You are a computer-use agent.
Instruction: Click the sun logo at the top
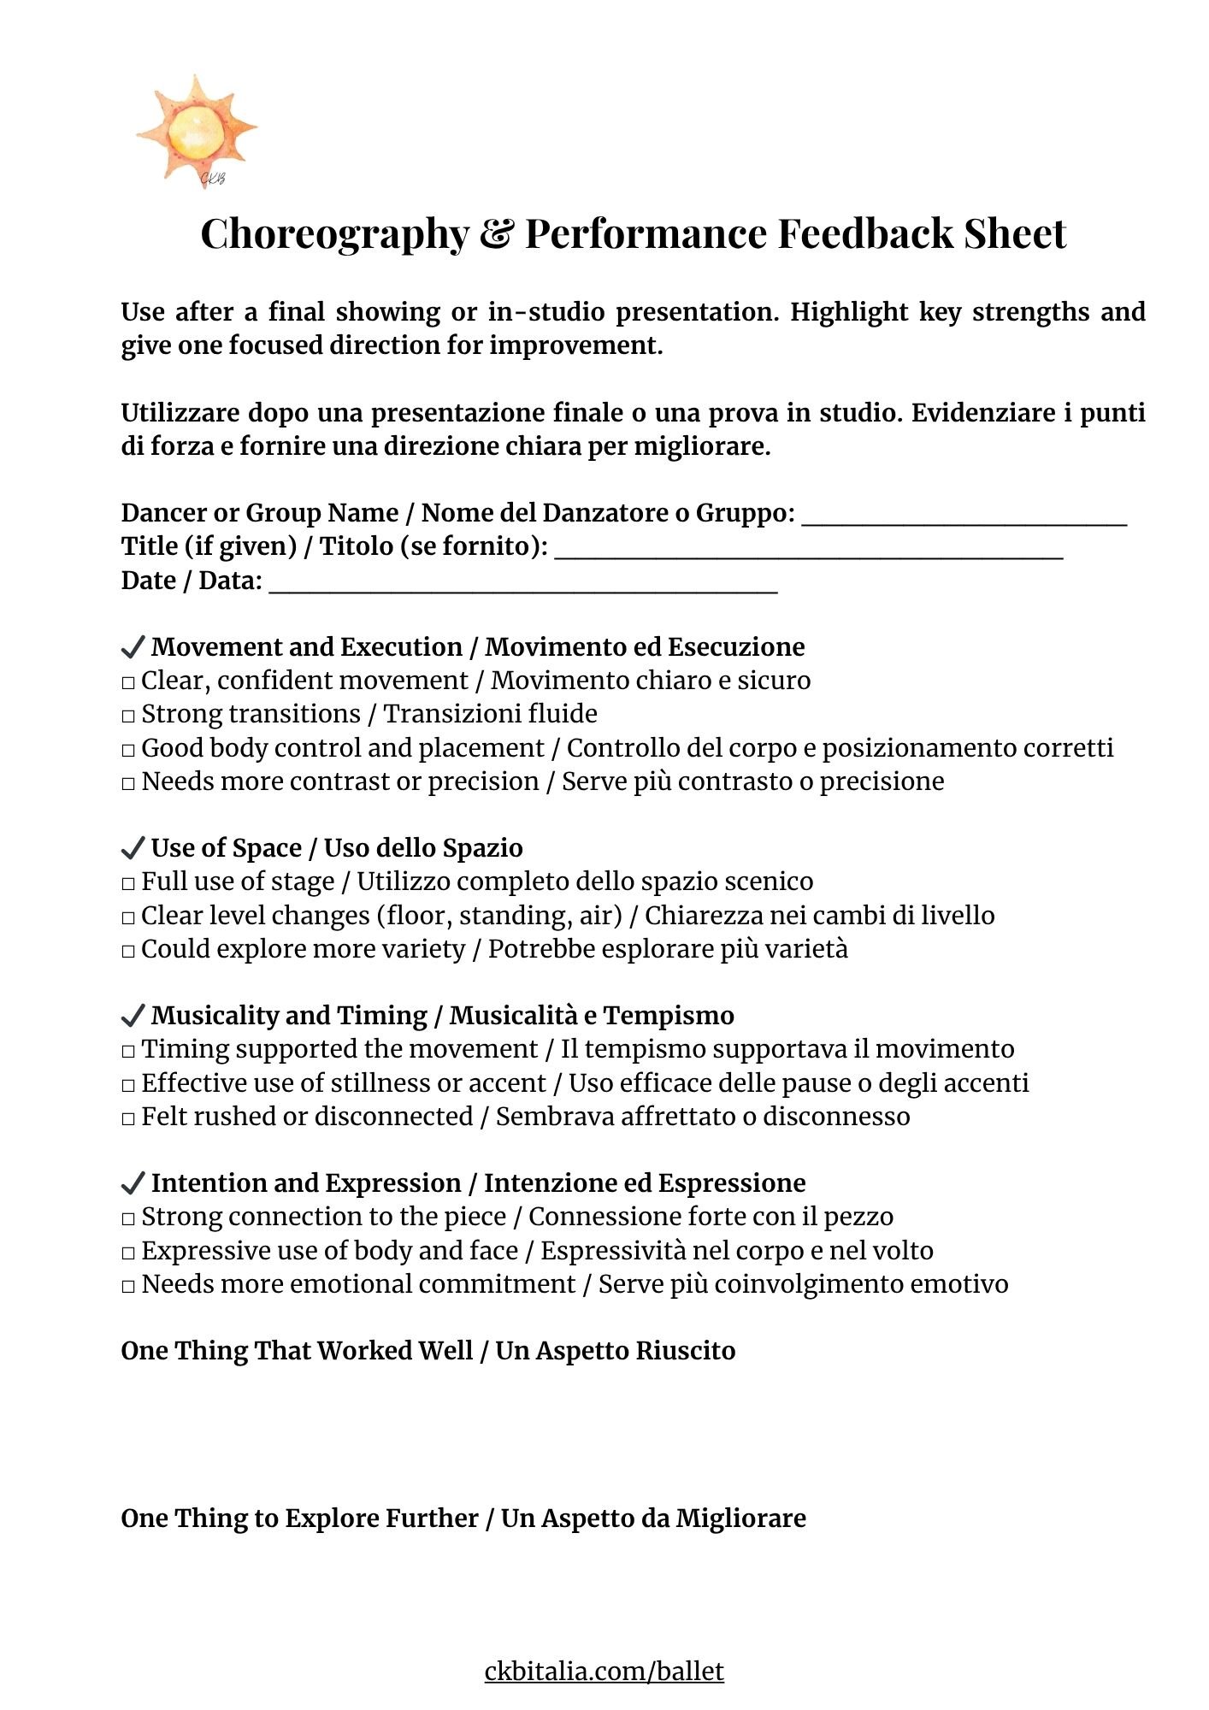point(197,131)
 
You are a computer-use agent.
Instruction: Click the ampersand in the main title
point(496,233)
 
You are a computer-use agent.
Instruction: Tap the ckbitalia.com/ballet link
point(604,1671)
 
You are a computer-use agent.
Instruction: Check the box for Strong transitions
point(128,716)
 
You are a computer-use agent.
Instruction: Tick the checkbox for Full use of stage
point(128,883)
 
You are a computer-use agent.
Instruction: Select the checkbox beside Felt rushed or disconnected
point(128,1118)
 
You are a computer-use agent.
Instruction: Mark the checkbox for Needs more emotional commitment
point(128,1286)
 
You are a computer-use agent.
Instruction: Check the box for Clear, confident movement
point(128,682)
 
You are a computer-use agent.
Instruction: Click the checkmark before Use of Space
point(133,848)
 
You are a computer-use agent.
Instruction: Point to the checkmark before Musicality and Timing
point(133,1016)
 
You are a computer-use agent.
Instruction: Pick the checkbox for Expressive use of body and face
point(128,1253)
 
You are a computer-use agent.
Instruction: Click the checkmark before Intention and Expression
point(133,1183)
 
